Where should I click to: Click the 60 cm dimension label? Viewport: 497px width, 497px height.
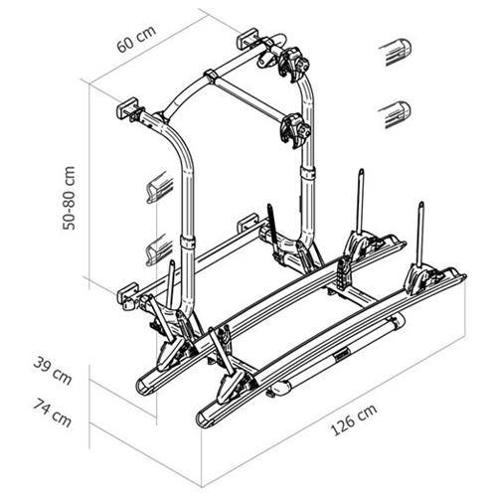click(136, 39)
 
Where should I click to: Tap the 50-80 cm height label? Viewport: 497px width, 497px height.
click(70, 198)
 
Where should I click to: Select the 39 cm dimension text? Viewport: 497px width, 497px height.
click(53, 371)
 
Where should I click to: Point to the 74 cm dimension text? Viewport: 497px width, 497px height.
click(52, 413)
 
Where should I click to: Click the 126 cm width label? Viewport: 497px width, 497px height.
click(354, 419)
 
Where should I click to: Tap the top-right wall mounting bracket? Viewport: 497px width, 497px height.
click(248, 38)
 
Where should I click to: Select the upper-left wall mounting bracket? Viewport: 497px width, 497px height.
click(127, 108)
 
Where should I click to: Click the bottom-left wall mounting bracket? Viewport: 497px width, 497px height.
click(127, 292)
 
